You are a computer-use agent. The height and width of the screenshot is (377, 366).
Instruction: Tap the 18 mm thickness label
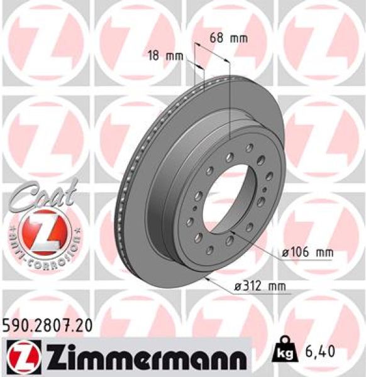(x=164, y=56)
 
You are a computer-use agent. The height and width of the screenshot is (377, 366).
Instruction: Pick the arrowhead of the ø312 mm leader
(x=207, y=277)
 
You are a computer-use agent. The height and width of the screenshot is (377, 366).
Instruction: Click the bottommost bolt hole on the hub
(x=214, y=247)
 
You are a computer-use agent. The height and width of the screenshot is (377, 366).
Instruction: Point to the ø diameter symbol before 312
(x=237, y=287)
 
